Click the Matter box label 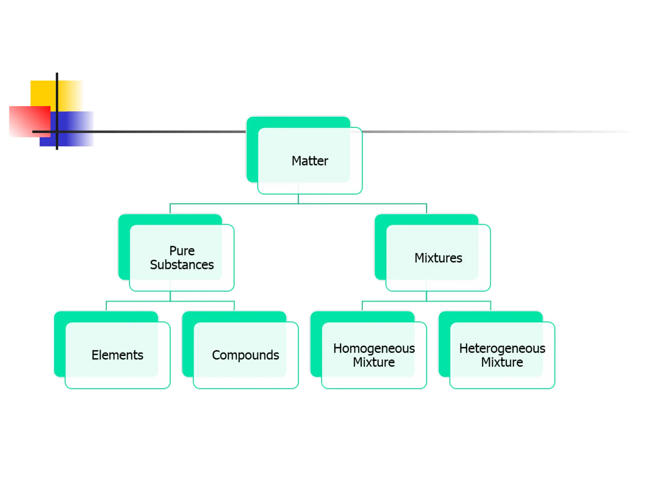point(309,161)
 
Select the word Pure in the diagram point(182,251)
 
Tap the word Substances point(182,265)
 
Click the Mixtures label point(438,258)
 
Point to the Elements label point(117,355)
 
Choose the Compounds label point(245,355)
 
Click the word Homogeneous point(374,348)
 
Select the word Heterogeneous point(502,348)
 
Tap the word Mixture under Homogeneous point(374,362)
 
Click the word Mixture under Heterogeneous point(502,362)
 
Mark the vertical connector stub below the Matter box point(298,199)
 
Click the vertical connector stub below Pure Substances point(170,296)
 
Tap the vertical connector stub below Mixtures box point(426,296)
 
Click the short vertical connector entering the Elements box point(106,306)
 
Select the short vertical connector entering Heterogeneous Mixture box point(491,306)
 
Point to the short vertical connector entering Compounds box point(234,306)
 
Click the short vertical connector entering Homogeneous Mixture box point(362,306)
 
